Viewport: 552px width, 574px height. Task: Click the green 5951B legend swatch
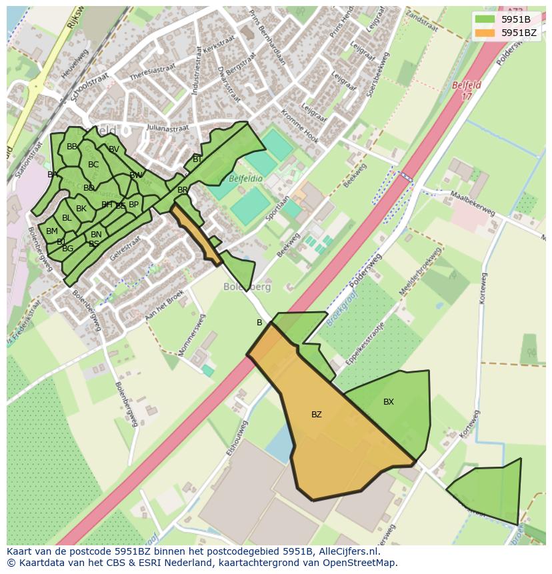click(x=485, y=19)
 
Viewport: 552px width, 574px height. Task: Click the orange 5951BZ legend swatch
click(x=485, y=33)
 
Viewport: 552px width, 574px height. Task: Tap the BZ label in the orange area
click(x=317, y=415)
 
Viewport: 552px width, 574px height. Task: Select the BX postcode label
click(x=389, y=402)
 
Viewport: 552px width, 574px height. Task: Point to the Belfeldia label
click(x=245, y=179)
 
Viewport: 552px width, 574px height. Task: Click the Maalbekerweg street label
click(x=473, y=203)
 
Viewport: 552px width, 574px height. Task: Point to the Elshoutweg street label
click(x=237, y=438)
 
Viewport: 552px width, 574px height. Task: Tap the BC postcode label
click(x=93, y=165)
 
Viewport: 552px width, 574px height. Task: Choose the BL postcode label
click(x=67, y=218)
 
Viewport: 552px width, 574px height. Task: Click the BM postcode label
click(x=52, y=231)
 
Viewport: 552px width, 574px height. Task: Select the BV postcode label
click(x=114, y=149)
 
